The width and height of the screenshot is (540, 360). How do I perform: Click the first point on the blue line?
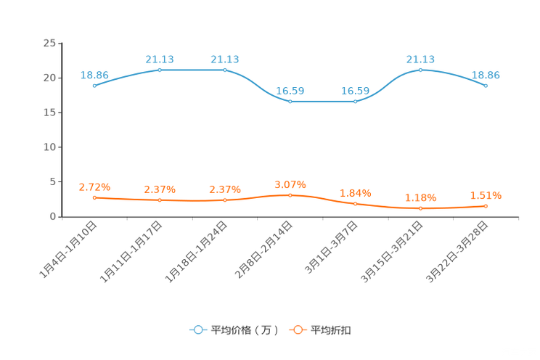(94, 86)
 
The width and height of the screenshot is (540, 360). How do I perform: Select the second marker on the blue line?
(160, 70)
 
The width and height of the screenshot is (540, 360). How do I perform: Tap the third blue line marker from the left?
(225, 70)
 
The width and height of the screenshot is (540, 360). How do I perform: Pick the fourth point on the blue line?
(290, 102)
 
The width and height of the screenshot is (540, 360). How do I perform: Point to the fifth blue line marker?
(356, 102)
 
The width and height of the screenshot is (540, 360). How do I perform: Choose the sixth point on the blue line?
(421, 70)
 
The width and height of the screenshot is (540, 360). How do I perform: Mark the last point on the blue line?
(486, 86)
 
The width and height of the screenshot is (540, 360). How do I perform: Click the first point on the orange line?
(94, 197)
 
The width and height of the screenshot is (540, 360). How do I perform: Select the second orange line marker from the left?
(160, 200)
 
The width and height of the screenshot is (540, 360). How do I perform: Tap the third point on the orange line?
(225, 200)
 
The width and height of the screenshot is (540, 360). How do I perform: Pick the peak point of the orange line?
(290, 195)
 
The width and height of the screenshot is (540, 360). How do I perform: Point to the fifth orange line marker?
(356, 204)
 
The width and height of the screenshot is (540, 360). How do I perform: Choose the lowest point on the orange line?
(421, 208)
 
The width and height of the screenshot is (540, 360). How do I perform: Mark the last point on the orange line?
(486, 206)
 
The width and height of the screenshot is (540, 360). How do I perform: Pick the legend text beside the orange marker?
(332, 330)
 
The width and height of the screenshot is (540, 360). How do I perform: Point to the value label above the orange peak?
(290, 186)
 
